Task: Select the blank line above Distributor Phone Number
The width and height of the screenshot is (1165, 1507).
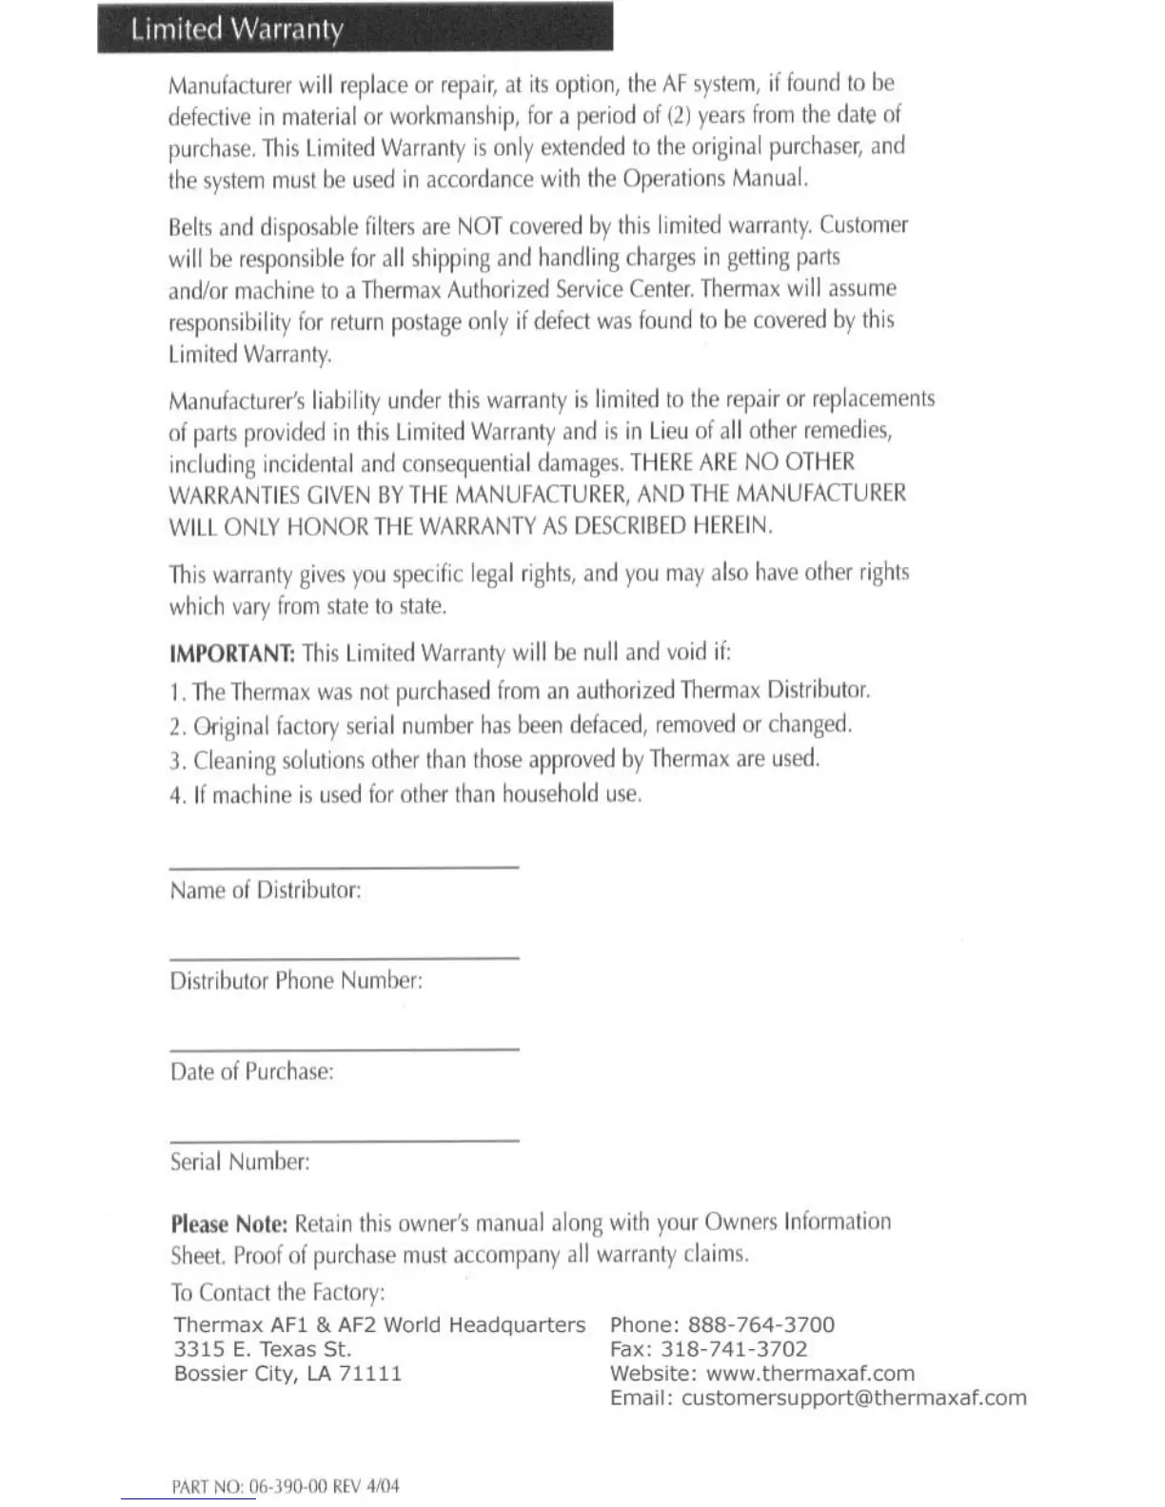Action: (344, 957)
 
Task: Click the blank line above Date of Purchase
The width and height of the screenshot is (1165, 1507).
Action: (344, 1048)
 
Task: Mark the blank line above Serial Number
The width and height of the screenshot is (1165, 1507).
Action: (344, 1139)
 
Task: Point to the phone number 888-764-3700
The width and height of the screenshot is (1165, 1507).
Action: (760, 1325)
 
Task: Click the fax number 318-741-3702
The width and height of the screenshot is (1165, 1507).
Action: (734, 1349)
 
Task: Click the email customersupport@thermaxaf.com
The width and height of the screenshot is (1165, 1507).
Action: (854, 1398)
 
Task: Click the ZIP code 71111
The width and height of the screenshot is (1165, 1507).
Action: (371, 1374)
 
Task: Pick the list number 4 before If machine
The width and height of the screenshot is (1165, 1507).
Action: (175, 796)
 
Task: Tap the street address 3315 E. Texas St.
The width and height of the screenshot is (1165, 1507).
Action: (263, 1349)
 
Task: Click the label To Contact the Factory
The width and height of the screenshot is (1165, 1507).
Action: (278, 1292)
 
